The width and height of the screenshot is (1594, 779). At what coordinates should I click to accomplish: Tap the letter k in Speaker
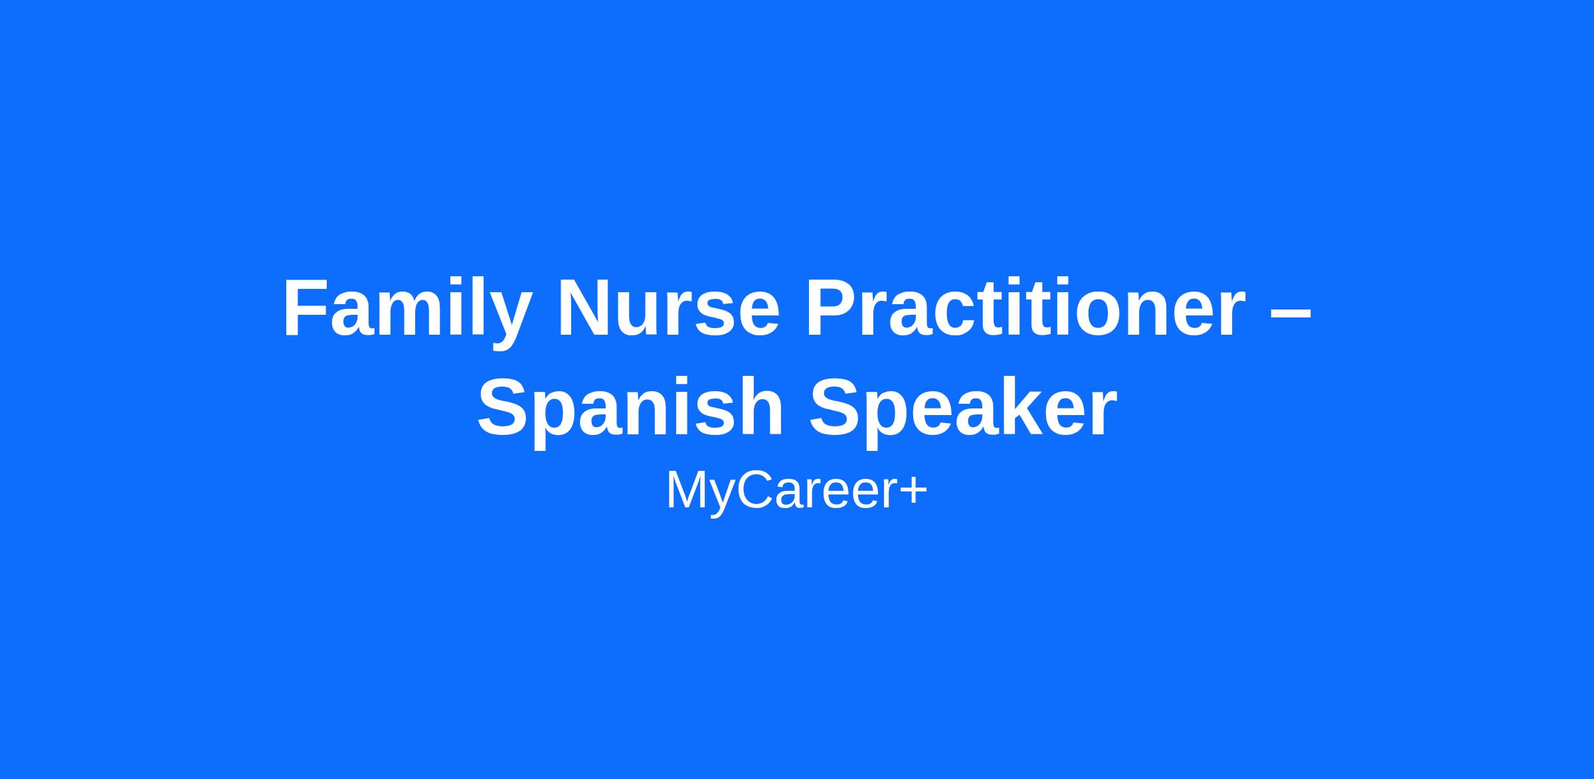coord(1009,406)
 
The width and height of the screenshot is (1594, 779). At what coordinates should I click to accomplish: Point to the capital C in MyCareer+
coord(751,489)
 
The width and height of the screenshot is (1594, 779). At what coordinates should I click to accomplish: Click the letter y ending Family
coord(507,322)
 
